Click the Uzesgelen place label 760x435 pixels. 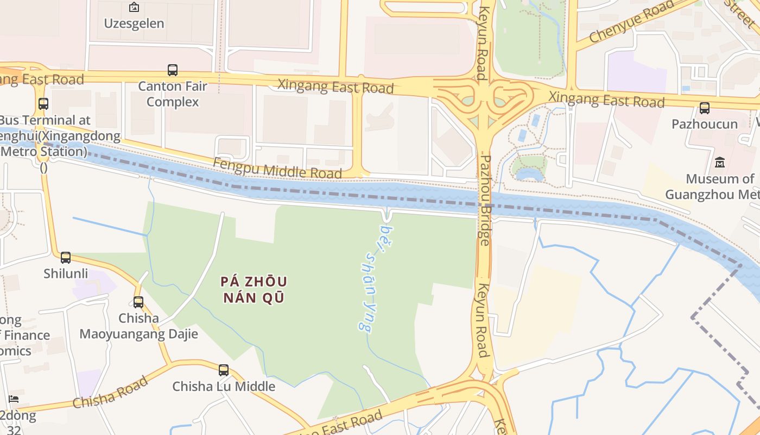(x=134, y=23)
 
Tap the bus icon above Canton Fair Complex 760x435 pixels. (x=173, y=70)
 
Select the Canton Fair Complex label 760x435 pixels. (x=173, y=94)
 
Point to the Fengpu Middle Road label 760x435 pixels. (x=277, y=168)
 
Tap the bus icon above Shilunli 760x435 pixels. (x=66, y=258)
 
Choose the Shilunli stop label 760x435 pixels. (x=66, y=273)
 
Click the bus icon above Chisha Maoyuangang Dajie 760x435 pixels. (x=138, y=302)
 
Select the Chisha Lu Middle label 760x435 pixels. (x=224, y=387)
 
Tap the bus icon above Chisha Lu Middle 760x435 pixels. (x=224, y=370)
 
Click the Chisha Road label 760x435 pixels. (x=110, y=392)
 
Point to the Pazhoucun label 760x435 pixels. (x=705, y=124)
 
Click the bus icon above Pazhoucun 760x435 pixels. (x=705, y=108)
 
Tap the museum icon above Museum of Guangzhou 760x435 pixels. (x=720, y=163)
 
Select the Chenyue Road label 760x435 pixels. (x=631, y=22)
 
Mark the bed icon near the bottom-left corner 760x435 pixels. (x=14, y=399)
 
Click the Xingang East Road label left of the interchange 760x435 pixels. (x=335, y=86)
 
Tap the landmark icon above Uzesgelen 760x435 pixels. (x=134, y=8)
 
